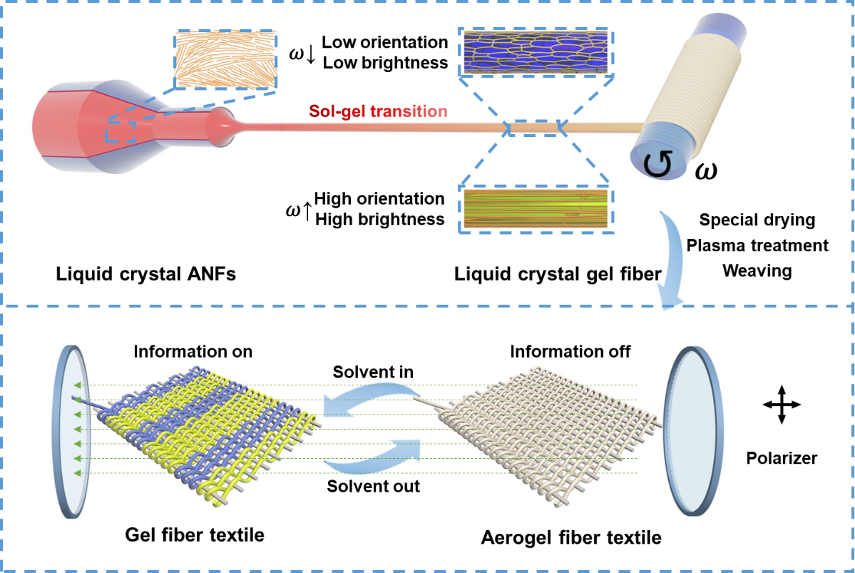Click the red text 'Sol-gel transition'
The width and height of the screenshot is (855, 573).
pos(378,111)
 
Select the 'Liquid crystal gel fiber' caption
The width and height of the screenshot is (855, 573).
pos(558,273)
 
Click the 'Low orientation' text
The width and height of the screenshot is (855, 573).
pos(385,43)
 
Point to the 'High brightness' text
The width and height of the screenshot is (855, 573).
pos(380,219)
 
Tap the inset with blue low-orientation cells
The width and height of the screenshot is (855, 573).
pos(536,51)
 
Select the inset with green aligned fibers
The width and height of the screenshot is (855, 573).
pos(536,208)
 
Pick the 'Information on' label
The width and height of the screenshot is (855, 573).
pos(193,351)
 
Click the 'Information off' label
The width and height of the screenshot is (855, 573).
pos(570,351)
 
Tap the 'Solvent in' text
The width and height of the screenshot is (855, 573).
pos(373,372)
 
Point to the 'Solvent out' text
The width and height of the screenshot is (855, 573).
pos(374,486)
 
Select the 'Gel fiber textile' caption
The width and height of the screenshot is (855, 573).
pos(195,534)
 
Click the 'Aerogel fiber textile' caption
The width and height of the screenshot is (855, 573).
pos(571,537)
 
